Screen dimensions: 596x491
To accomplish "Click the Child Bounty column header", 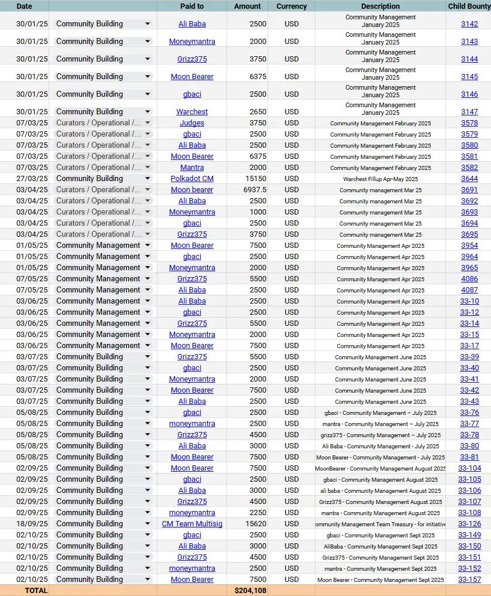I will point(469,6).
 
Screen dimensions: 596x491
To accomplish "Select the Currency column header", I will point(291,6).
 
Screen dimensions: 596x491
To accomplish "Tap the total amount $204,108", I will point(250,591).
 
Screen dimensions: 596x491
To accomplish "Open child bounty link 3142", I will point(469,24).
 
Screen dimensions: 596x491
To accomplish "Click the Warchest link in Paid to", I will point(192,112).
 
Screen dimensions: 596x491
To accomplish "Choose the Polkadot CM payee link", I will point(192,179).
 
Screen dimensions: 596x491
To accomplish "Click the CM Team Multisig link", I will point(192,524).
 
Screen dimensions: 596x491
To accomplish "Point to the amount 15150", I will point(256,179).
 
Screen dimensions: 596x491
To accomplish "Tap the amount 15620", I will point(256,524).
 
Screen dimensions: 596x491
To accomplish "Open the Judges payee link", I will point(192,123).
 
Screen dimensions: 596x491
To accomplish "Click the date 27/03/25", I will point(32,179).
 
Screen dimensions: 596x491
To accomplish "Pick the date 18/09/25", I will point(32,524).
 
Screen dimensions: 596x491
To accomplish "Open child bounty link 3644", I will point(469,179).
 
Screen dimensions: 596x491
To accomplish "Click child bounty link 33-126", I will point(469,524).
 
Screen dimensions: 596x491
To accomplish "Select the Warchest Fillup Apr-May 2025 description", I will point(380,179).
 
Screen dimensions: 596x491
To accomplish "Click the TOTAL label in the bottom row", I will point(36,591).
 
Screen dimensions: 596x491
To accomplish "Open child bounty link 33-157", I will point(469,580).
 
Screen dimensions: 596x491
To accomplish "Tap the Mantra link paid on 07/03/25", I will point(192,168).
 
